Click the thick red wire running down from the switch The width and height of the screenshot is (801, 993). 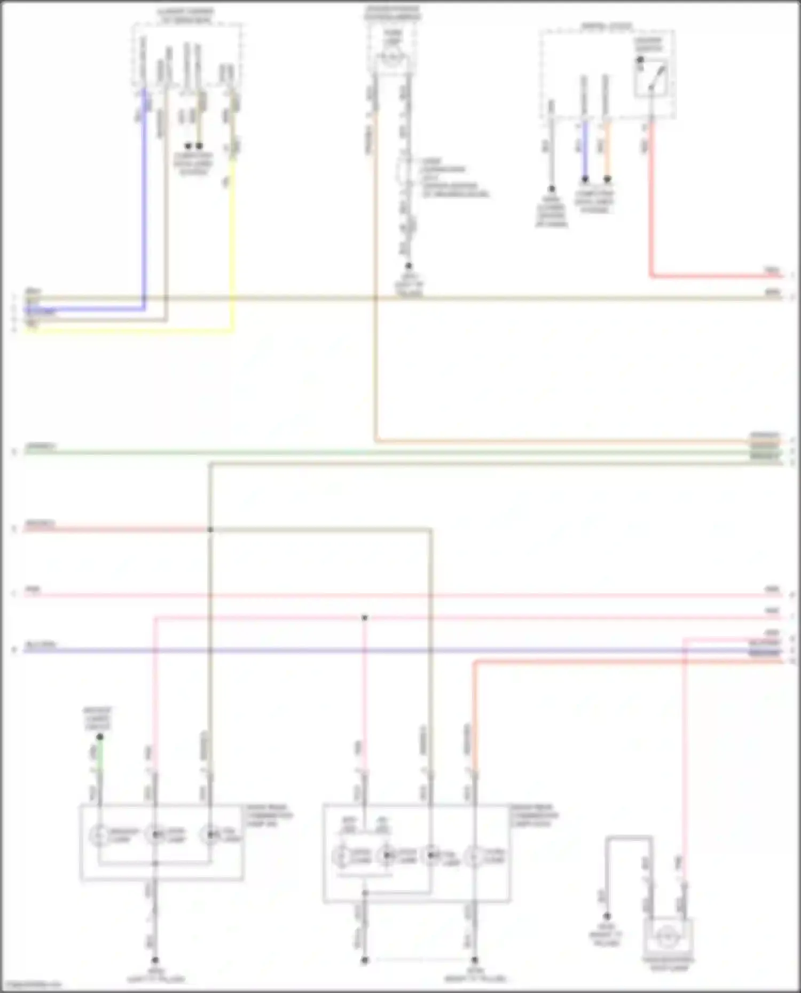point(651,213)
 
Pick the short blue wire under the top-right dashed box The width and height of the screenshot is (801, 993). point(585,149)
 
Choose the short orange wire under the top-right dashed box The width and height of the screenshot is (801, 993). point(607,149)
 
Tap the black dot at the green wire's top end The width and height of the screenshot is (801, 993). point(100,737)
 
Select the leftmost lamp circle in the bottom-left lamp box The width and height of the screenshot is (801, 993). point(99,835)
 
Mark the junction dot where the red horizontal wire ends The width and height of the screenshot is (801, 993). point(210,529)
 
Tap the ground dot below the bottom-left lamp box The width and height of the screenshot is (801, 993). point(155,960)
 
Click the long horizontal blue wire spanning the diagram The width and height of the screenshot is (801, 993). point(374,651)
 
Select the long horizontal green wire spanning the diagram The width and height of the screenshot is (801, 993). point(374,452)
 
